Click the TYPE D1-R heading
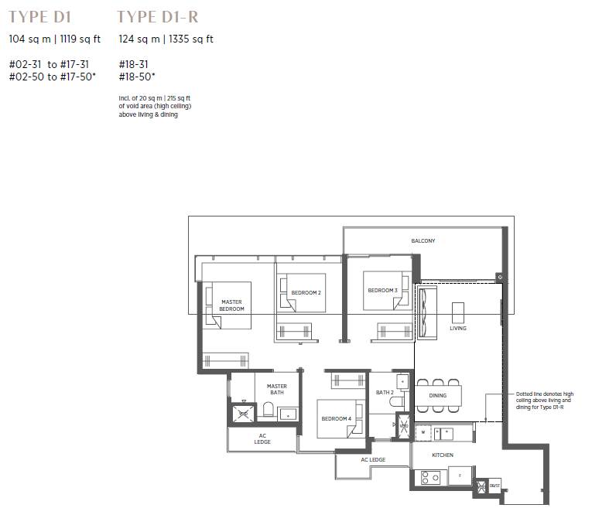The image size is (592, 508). click(x=157, y=17)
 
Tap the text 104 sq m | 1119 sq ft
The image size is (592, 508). click(x=55, y=39)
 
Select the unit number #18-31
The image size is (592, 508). click(x=133, y=64)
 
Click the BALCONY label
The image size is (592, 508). click(x=423, y=240)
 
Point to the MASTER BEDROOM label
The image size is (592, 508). click(x=231, y=305)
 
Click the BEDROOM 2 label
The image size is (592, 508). click(x=306, y=292)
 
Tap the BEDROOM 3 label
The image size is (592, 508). click(x=382, y=291)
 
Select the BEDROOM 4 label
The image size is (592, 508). click(x=336, y=418)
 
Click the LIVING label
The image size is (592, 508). click(x=458, y=329)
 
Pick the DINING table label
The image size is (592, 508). click(x=437, y=396)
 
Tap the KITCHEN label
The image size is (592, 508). click(x=443, y=455)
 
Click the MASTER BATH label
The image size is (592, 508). click(x=277, y=389)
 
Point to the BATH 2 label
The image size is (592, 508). click(x=385, y=393)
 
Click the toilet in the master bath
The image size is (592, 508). click(x=268, y=409)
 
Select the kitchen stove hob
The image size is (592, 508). click(x=430, y=478)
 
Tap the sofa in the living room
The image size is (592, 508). click(x=427, y=312)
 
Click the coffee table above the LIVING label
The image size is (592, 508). click(x=458, y=312)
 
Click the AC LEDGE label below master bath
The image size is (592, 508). click(x=262, y=438)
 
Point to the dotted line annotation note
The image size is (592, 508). click(x=545, y=401)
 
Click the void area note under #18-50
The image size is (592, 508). click(x=155, y=107)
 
